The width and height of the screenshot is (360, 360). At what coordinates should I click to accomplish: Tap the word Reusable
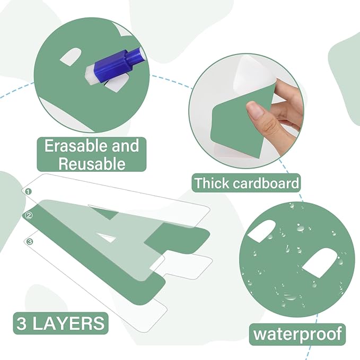92,163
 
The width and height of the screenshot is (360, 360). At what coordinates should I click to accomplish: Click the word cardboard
266,183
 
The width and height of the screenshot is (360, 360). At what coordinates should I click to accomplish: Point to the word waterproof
297,334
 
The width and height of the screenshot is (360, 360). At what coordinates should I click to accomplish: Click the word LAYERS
68,323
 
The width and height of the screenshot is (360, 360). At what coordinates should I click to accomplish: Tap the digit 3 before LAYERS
21,323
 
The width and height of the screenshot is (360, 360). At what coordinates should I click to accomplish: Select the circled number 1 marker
28,191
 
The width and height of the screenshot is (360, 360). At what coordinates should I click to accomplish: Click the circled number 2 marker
29,215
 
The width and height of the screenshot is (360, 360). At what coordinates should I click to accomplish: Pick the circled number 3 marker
30,242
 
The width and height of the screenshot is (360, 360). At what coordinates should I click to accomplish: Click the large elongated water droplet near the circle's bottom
291,297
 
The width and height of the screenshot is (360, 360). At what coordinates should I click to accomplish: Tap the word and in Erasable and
125,146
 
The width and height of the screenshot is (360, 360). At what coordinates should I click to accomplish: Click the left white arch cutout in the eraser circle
71,57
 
